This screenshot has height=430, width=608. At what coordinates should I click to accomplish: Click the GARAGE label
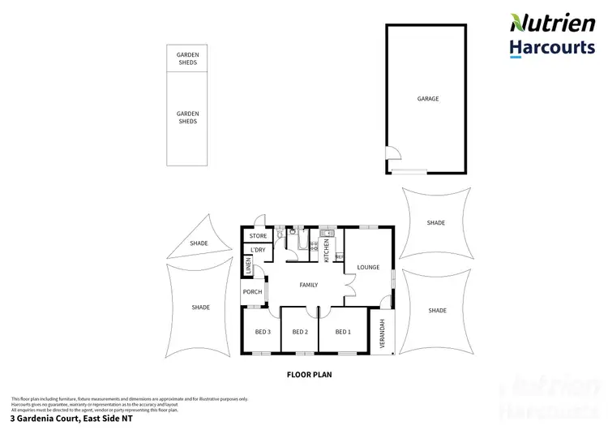(428, 99)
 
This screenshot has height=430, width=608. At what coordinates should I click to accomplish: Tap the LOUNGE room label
(368, 267)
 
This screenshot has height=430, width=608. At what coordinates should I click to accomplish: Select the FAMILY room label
(308, 285)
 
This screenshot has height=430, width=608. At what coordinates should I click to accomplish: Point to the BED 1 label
(343, 332)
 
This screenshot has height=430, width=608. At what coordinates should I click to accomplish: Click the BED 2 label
(299, 332)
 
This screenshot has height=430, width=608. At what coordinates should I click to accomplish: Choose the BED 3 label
(263, 332)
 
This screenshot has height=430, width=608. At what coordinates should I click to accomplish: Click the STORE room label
(258, 236)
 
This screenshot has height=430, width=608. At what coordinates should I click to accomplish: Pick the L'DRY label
(258, 250)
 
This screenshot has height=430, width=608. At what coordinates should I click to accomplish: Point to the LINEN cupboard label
(248, 267)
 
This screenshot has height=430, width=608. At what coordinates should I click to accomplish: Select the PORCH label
(252, 292)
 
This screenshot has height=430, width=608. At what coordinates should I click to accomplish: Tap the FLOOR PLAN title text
(310, 376)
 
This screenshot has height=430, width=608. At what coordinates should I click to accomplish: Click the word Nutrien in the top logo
(551, 23)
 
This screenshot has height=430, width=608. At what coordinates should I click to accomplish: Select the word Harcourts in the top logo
(551, 47)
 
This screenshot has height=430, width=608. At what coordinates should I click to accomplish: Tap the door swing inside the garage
(393, 154)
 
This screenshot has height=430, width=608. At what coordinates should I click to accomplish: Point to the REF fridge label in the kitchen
(339, 256)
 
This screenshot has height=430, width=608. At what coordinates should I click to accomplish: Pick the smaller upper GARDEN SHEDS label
(187, 58)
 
